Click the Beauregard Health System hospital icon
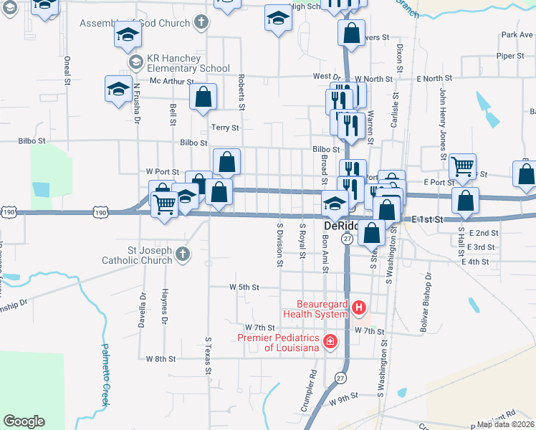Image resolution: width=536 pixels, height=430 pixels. point(359,308)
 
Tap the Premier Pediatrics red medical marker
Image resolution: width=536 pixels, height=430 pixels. point(330,341)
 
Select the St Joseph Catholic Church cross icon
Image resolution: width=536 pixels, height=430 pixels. point(183,254)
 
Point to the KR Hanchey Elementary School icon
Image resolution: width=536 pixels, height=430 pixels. point(135,62)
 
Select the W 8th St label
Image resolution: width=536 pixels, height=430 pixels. point(161,358)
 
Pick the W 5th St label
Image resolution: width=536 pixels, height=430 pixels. point(244,287)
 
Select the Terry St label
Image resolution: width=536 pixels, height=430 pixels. point(224,127)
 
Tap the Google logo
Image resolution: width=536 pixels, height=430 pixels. point(24,421)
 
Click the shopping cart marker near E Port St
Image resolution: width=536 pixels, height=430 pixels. point(463,166)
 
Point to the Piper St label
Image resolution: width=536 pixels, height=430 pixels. point(511,55)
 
